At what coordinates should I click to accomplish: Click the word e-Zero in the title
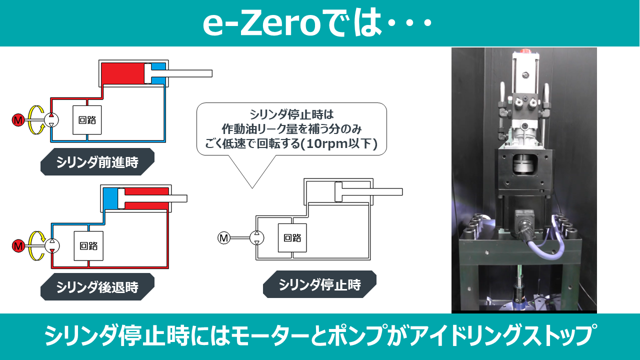[x=261, y=23]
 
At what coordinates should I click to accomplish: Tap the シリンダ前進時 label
[x=97, y=161]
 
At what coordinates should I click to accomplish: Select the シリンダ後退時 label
[x=97, y=286]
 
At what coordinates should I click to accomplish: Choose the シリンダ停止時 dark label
[x=319, y=284]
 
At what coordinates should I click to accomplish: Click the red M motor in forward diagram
[x=18, y=120]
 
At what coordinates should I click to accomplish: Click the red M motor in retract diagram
[x=18, y=246]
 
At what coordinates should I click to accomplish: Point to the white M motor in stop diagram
[x=223, y=237]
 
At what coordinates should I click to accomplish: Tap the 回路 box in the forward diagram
[x=87, y=120]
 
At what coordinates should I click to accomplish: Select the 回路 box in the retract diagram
[x=88, y=246]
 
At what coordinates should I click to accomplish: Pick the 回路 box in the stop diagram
[x=292, y=237]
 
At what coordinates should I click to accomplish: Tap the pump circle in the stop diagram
[x=257, y=237]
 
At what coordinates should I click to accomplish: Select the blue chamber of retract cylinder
[x=110, y=198]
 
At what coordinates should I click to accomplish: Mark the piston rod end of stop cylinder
[x=401, y=191]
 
